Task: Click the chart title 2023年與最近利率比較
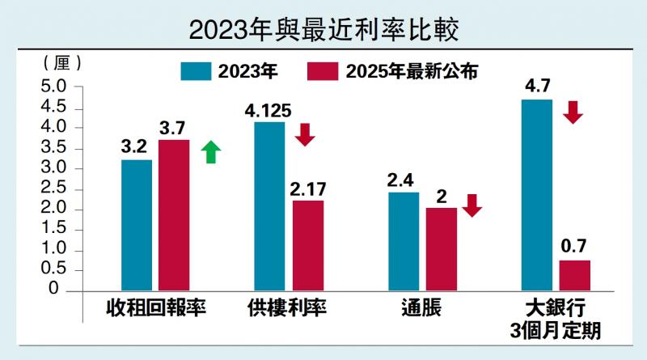pyautogui.click(x=323, y=30)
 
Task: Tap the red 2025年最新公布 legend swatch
pyautogui.click(x=323, y=71)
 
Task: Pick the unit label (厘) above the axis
pyautogui.click(x=61, y=62)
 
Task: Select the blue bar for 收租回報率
pyautogui.click(x=137, y=225)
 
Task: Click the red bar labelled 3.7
pyautogui.click(x=174, y=214)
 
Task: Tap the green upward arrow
pyautogui.click(x=210, y=151)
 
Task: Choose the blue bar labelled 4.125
pyautogui.click(x=269, y=205)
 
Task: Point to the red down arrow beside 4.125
pyautogui.click(x=305, y=134)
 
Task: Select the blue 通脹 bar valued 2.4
pyautogui.click(x=404, y=241)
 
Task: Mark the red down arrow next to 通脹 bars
pyautogui.click(x=472, y=205)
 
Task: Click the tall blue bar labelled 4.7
pyautogui.click(x=537, y=194)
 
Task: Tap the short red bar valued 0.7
pyautogui.click(x=575, y=275)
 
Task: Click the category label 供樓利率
pyautogui.click(x=287, y=308)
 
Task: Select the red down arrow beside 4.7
pyautogui.click(x=573, y=112)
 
